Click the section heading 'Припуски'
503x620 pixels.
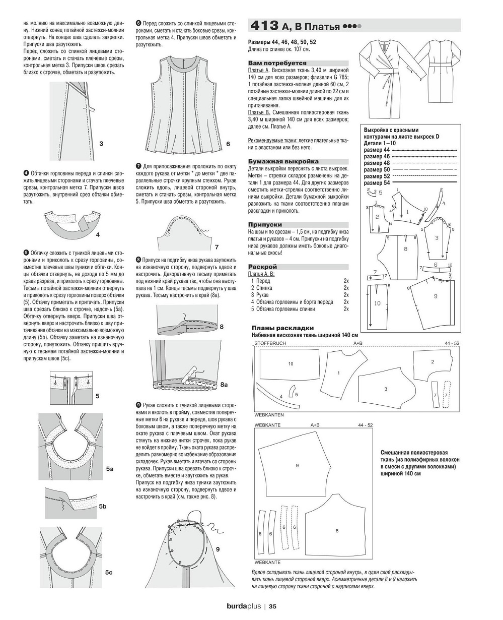[265, 224]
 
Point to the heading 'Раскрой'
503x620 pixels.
[262, 266]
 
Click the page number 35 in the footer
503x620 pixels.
[272, 606]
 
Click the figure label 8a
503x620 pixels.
[224, 384]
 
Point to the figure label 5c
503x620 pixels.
[109, 573]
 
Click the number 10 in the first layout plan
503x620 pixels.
[291, 363]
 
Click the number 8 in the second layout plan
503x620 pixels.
[336, 531]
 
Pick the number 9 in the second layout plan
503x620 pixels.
[297, 465]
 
